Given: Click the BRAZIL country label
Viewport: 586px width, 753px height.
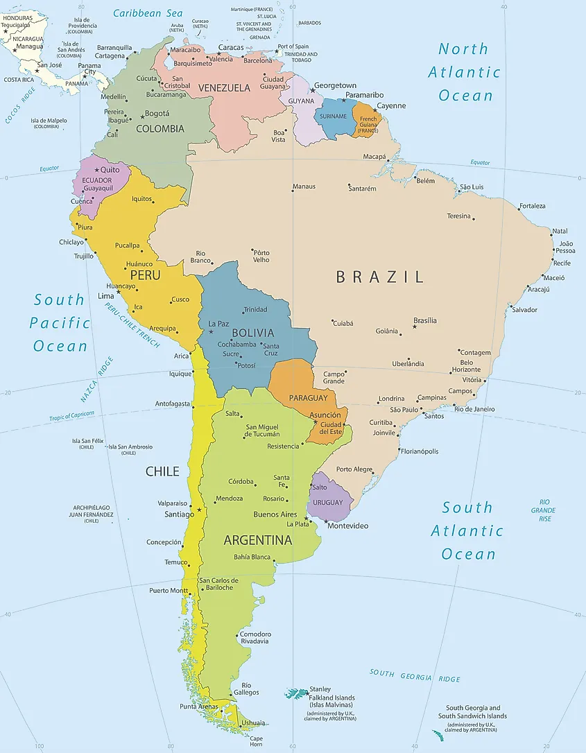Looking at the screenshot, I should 379,277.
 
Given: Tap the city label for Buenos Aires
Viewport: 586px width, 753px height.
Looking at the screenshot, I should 275,514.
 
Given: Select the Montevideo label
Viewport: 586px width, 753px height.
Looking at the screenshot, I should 347,526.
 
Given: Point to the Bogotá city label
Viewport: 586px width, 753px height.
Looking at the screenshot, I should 157,113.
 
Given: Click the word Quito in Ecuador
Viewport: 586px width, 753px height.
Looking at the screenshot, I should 110,169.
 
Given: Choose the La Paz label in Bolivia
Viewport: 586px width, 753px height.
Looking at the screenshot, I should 218,324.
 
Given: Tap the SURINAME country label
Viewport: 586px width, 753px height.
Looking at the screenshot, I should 334,116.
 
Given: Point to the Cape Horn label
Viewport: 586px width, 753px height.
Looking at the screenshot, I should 256,741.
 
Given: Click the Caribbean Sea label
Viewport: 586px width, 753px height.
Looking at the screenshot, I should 148,13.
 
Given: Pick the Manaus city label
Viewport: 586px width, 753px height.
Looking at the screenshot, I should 304,187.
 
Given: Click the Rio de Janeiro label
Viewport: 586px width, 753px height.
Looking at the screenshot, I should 474,409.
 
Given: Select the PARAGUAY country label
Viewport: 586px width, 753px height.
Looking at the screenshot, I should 308,398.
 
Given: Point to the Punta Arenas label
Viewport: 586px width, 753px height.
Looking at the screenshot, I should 198,707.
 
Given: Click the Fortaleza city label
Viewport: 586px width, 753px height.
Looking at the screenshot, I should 532,206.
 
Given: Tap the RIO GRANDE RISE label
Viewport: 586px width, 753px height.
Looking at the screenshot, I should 544,510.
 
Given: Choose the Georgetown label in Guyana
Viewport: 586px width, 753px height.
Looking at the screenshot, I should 335,86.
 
